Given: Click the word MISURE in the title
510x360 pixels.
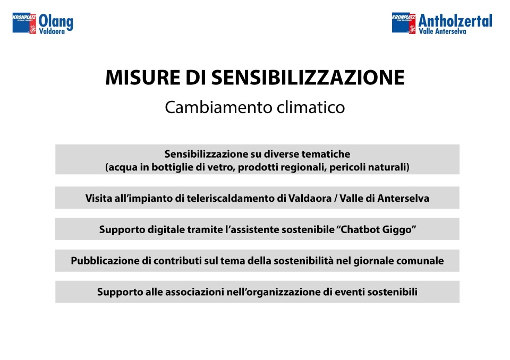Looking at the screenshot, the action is pyautogui.click(x=142, y=78).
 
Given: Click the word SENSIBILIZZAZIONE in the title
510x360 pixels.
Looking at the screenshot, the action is pyautogui.click(x=308, y=78).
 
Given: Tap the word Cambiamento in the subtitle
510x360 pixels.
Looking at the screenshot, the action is pyautogui.click(x=218, y=107).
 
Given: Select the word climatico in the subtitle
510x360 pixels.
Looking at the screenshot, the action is pyautogui.click(x=311, y=107).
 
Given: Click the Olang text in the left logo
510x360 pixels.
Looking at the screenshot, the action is pyautogui.click(x=56, y=22).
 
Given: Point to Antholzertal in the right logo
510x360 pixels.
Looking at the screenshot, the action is pyautogui.click(x=455, y=21).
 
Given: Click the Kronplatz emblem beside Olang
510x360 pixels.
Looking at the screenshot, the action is pyautogui.click(x=24, y=23).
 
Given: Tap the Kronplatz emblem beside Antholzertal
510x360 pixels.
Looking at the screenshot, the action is pyautogui.click(x=404, y=23).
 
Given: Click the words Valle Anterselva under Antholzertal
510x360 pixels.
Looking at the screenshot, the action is pyautogui.click(x=443, y=31).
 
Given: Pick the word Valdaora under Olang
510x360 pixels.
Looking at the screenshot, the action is pyautogui.click(x=52, y=31).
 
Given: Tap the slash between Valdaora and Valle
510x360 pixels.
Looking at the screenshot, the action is pyautogui.click(x=335, y=199).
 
